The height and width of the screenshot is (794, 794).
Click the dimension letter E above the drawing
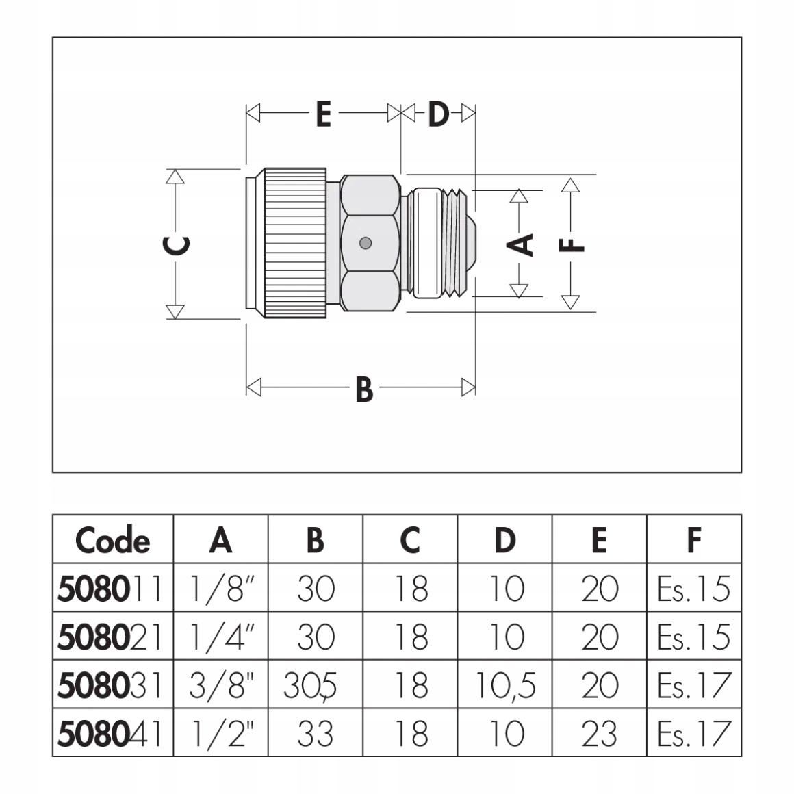323,114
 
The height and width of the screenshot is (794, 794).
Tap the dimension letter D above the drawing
438,114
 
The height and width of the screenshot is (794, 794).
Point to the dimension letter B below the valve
364,389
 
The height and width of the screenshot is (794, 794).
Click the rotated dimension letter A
524,244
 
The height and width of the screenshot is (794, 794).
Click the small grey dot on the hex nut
366,243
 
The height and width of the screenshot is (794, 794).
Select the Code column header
112,540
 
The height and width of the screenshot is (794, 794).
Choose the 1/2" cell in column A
220,734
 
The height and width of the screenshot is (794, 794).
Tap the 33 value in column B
316,734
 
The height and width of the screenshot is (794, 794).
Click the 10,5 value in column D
504,685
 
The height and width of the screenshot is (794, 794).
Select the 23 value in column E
600,734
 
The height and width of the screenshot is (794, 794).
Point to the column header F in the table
693,540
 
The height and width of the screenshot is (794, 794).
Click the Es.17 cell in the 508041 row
693,734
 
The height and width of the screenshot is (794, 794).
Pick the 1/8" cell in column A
220,589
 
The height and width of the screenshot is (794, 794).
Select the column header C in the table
410,540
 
